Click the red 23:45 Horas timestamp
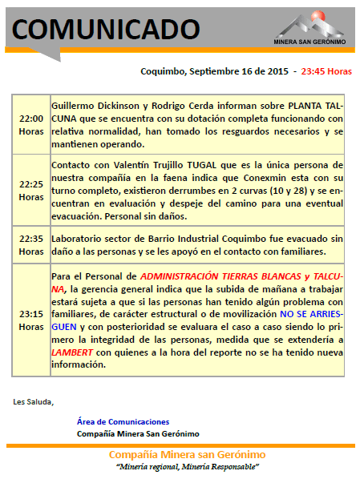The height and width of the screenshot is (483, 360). (326, 71)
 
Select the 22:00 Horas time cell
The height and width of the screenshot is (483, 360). (31, 124)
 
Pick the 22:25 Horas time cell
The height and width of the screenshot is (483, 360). (31, 190)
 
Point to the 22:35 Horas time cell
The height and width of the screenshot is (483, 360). (31, 244)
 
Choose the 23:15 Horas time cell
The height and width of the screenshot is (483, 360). (31, 320)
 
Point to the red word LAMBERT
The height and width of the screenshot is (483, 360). (71, 351)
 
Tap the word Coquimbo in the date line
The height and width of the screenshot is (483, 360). (163, 71)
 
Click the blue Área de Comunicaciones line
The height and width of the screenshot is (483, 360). (123, 421)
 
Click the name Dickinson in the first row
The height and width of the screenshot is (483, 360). (129, 106)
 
